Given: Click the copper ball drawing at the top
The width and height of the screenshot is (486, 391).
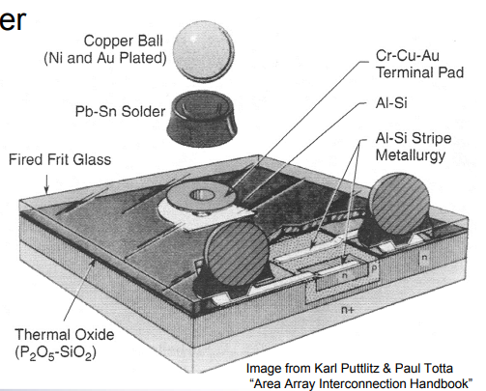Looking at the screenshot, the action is click(203, 51).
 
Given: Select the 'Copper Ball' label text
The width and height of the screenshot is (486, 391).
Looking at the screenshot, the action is click(124, 42).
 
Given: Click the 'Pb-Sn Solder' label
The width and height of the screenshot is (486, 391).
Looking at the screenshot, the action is click(120, 112).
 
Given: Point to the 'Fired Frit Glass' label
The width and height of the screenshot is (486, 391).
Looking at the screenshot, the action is click(60, 159).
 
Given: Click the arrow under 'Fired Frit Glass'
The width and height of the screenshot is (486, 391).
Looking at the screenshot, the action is click(47, 184).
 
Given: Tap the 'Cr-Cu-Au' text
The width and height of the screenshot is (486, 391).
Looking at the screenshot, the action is click(408, 56).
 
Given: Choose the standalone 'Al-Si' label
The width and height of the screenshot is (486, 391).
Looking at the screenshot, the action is click(391, 103).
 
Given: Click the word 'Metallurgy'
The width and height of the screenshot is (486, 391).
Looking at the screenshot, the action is click(411, 155).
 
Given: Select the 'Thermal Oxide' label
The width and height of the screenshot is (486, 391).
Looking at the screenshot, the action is click(65, 335).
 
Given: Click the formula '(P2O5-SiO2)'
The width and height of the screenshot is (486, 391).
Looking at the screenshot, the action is click(55, 352).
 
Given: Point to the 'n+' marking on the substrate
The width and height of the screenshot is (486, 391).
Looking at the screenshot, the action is click(348, 310).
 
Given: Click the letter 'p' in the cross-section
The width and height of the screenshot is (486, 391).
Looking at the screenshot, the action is click(374, 269).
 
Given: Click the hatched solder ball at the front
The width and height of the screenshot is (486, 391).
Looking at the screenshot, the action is click(237, 253).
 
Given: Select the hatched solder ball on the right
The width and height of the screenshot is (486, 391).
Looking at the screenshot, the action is click(399, 204).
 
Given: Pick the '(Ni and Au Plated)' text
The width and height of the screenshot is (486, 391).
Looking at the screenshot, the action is click(105, 59).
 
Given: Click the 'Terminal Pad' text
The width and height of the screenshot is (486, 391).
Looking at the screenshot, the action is click(419, 72).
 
